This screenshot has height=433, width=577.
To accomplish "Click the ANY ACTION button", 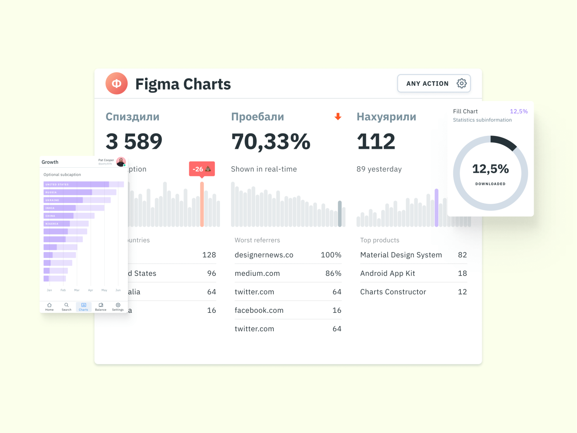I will point(427,83).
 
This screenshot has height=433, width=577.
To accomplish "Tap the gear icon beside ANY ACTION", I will point(462,83).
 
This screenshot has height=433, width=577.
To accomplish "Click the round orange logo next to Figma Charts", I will point(116,83).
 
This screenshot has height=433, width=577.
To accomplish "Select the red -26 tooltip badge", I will point(202,169).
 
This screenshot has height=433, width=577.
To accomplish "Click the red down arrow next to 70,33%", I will point(338,117).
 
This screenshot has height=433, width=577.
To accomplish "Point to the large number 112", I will point(376,141).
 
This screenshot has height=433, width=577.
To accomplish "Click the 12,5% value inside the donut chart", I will point(490,169).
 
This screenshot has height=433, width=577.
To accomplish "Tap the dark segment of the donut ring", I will point(504,142).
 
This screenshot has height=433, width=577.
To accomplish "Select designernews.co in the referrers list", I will point(264,255).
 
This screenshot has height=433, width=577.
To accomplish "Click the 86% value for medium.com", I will point(333,273).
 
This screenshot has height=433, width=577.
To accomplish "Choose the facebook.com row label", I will point(259,311).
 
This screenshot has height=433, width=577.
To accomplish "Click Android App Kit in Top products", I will point(387,273).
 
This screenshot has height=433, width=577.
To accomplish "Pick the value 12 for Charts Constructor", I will point(462,292).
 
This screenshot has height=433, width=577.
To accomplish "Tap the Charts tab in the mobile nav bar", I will point(83,307).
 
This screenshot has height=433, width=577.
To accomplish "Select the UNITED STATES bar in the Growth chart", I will point(76,184).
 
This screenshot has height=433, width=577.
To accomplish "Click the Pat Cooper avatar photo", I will point(121,162).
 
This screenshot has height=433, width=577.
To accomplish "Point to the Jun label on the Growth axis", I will point(118,290).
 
